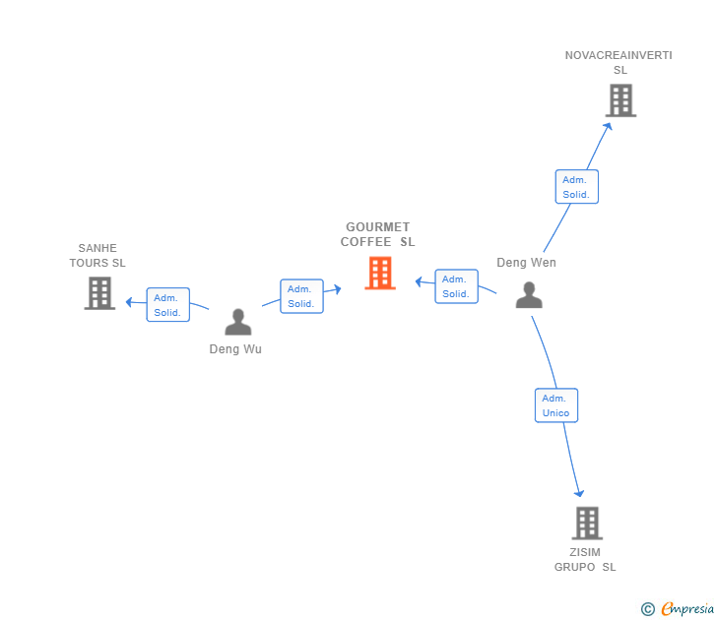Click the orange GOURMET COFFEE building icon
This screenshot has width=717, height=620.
tap(380, 273)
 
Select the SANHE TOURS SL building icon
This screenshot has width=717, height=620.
tap(99, 293)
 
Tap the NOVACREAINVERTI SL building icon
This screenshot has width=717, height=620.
tap(620, 100)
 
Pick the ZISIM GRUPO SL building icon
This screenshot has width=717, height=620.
tap(587, 524)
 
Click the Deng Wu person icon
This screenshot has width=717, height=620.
tap(238, 322)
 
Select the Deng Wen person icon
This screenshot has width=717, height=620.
tap(529, 295)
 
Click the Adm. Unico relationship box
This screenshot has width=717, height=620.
tap(556, 405)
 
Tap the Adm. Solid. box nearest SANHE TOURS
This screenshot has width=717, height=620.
tap(168, 305)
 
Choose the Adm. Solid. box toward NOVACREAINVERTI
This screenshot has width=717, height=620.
tap(577, 186)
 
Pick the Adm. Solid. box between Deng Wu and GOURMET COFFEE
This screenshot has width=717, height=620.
tap(301, 296)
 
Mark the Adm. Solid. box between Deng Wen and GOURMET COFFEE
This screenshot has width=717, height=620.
tap(456, 286)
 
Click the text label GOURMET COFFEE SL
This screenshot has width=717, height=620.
tap(378, 234)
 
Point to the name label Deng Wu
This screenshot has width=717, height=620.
tap(235, 349)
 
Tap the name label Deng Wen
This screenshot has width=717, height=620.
tap(526, 262)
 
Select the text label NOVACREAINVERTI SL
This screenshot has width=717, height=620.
tap(619, 63)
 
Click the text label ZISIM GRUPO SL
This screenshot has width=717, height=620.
tap(585, 560)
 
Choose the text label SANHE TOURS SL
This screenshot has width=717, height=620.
tap(98, 256)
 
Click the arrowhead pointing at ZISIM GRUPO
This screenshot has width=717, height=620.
tap(579, 493)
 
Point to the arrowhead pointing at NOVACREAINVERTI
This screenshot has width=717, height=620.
tap(608, 127)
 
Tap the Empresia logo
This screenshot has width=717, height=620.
tap(678, 608)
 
